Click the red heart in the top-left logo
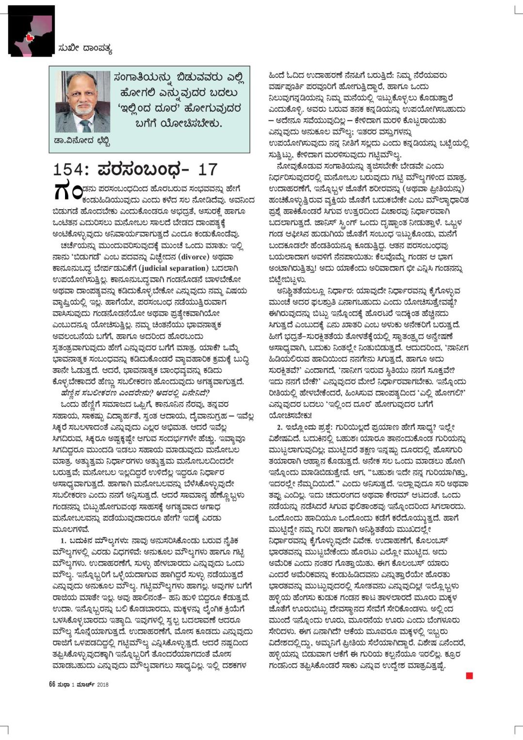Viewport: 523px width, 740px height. (30, 37)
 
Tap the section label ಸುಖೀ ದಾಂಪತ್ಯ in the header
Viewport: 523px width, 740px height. (85, 48)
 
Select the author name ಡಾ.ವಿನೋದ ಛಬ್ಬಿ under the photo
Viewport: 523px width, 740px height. (82, 142)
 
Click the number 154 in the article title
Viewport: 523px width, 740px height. (70, 170)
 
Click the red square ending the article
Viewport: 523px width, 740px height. (469, 675)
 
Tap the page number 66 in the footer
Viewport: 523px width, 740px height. (52, 684)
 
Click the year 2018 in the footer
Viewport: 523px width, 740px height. (102, 685)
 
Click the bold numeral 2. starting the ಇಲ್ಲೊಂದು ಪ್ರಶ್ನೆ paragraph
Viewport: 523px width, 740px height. (279, 427)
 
